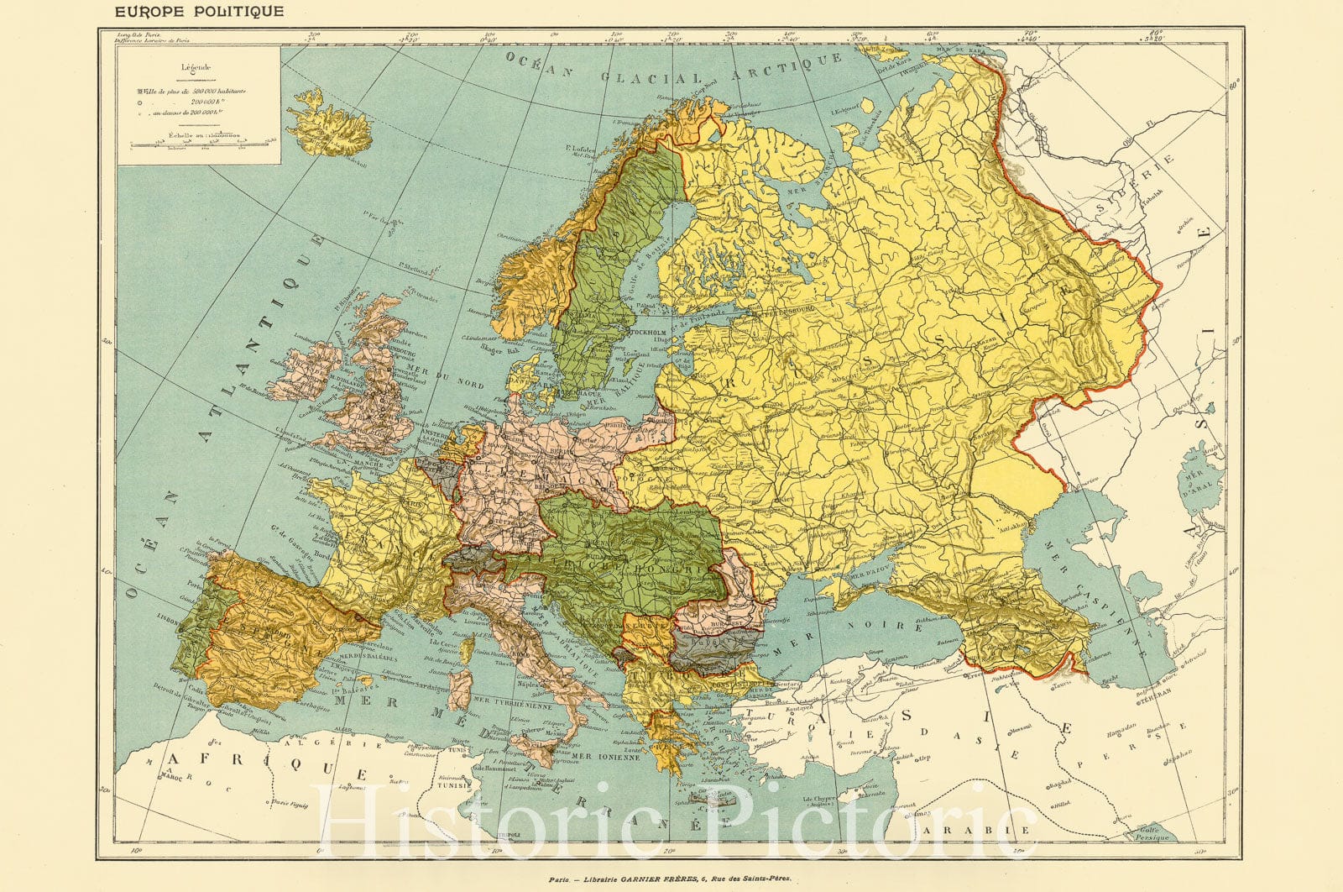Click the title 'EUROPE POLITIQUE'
[x=200, y=12]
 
